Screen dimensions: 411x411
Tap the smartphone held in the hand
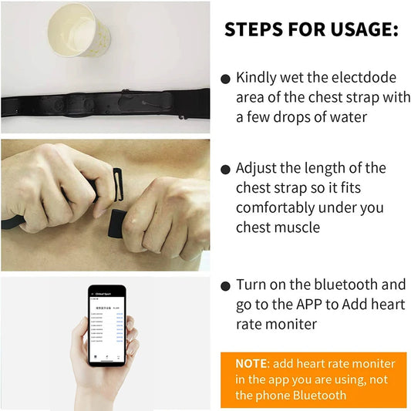pyautogui.click(x=105, y=325)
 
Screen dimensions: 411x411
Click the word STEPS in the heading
pyautogui.click(x=257, y=30)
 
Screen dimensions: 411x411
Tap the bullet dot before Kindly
pyautogui.click(x=225, y=79)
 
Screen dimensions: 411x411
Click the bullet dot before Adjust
pyautogui.click(x=225, y=169)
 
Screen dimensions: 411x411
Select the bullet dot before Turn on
pyautogui.click(x=225, y=285)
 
